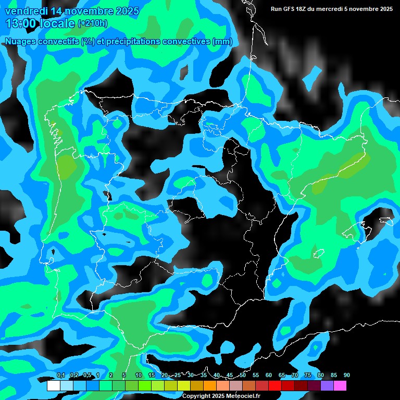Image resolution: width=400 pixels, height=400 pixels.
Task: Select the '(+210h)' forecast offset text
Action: click(93, 23)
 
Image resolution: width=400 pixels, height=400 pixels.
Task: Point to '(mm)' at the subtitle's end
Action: click(223, 42)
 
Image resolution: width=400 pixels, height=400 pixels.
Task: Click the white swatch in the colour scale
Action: click(53, 386)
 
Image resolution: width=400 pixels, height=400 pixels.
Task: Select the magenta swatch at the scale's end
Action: click(340, 386)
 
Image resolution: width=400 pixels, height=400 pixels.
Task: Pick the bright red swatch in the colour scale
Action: click(275, 386)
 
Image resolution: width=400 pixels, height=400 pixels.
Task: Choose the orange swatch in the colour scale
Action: click(209, 386)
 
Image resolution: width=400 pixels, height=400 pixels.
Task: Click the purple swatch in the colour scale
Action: click(327, 386)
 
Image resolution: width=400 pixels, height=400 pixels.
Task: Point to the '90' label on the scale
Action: click(347, 376)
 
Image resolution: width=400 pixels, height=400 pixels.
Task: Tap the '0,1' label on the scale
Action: click(61, 376)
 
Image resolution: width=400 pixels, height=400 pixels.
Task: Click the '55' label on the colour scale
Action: click(256, 376)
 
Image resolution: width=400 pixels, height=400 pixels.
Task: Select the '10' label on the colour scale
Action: click(139, 376)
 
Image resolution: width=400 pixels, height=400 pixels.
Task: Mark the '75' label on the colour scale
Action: click(308, 376)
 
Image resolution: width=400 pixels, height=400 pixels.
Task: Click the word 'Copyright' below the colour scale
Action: click(196, 396)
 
